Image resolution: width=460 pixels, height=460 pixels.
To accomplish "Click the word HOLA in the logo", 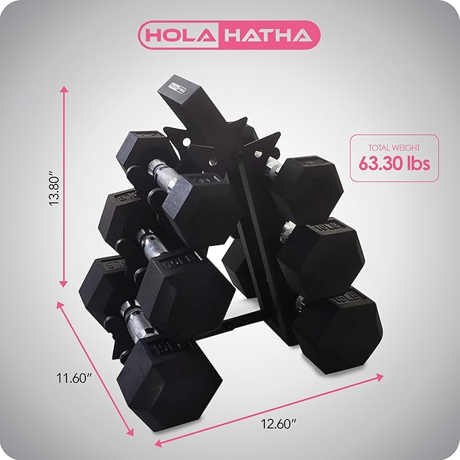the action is pos(180,35).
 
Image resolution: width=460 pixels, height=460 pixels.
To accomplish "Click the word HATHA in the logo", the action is pos(268,35).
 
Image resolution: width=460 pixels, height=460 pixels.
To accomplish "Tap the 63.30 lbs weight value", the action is pos(394,163).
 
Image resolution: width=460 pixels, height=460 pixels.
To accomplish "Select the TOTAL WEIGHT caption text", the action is pos(394,148).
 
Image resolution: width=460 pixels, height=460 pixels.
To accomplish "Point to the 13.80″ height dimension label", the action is pos(55,190).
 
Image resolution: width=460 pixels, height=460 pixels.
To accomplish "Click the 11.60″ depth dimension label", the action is pos(75,378).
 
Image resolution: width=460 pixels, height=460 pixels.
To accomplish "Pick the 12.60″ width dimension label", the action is pos(278,424).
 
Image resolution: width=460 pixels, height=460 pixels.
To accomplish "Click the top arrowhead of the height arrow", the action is pos(64,89).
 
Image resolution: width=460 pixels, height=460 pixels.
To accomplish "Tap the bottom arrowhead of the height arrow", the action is pos(64,284).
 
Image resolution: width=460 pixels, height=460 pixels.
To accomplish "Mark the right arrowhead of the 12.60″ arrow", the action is pos(379,377).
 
